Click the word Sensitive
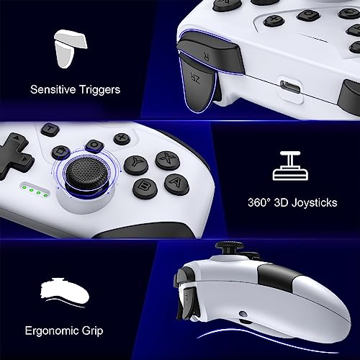click(53, 89)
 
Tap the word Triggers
click(99, 90)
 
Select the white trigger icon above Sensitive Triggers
click(71, 49)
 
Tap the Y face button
click(136, 165)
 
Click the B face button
click(145, 189)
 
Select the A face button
click(176, 184)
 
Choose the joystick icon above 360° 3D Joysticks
click(290, 166)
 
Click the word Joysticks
click(315, 203)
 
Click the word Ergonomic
click(52, 331)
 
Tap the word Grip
click(92, 331)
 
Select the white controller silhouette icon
click(65, 292)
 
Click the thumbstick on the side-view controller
click(229, 248)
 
